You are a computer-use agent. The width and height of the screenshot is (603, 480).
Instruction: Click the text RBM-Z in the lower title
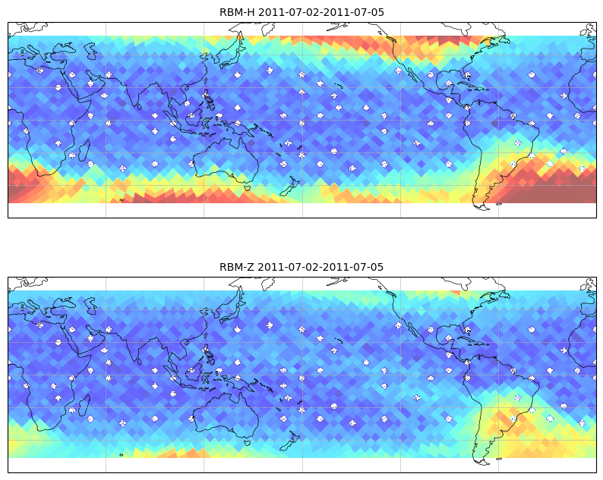pos(236,267)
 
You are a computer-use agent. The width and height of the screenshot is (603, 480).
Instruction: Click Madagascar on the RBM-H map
pos(84,150)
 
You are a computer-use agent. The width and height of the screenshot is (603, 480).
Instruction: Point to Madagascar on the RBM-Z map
pos(84,405)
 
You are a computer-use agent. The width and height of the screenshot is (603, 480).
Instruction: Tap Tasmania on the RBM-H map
pos(248,187)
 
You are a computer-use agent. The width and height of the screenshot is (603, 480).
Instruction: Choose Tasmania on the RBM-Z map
pos(248,442)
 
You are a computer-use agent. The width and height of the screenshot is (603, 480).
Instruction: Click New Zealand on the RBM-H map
pos(289,187)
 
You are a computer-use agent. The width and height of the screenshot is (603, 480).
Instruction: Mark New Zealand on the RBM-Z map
pos(289,441)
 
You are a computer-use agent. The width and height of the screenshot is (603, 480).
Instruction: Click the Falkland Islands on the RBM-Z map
pos(499,459)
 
